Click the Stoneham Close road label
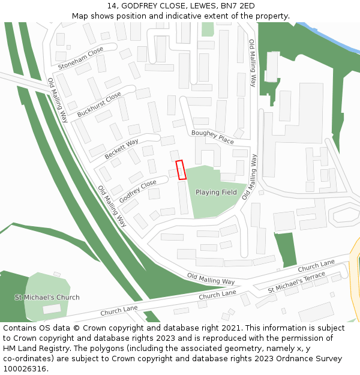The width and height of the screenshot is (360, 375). pos(80,58)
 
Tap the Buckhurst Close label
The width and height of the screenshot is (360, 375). pos(99,104)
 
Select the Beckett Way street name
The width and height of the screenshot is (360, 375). pos(121,149)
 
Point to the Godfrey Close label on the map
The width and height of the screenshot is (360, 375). pos(137,191)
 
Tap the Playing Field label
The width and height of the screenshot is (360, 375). pos(216,193)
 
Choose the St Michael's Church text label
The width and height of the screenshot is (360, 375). pos(47,297)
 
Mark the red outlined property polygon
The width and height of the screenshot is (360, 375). pos(181,170)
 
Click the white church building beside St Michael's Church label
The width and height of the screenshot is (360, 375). pos(52,309)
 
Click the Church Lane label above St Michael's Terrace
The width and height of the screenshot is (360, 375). pos(316,265)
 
